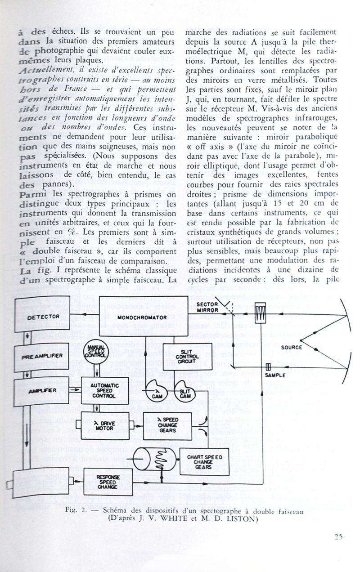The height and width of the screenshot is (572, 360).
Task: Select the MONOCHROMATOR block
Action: pos(142,317)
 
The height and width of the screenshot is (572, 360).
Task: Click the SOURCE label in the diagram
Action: pos(291,347)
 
